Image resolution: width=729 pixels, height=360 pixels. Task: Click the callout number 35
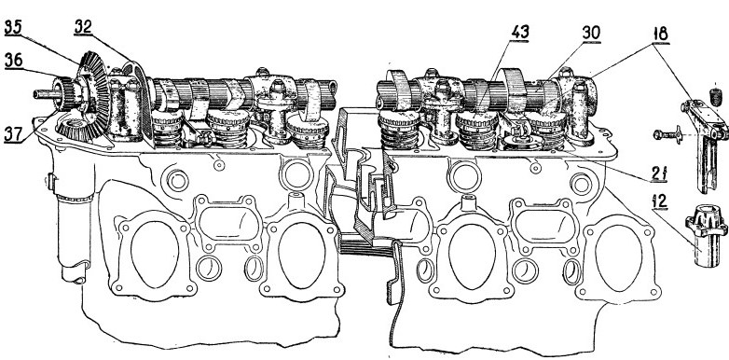pos(13,28)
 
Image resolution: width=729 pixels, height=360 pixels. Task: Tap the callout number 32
pos(83,27)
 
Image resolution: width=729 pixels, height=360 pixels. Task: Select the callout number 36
pos(13,61)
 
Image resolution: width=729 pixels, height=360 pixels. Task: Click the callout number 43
pos(520,33)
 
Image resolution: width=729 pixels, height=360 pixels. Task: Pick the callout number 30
pos(591,33)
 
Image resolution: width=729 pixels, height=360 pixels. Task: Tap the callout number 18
pos(660,34)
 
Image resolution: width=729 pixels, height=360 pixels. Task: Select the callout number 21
pos(659,173)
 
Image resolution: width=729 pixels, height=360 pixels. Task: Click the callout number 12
pos(660,201)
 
